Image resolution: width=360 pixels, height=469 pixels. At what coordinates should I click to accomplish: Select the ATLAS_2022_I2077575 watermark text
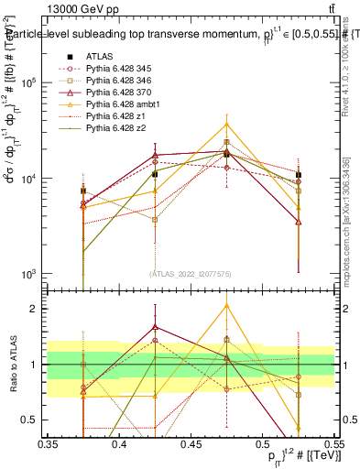pos(190,273)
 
